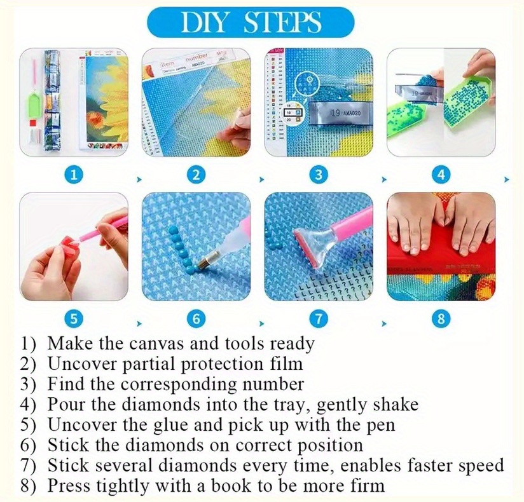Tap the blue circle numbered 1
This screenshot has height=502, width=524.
74,175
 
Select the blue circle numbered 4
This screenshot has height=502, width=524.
441,175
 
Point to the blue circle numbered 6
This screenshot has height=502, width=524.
197,318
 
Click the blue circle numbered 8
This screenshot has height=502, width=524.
441,318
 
